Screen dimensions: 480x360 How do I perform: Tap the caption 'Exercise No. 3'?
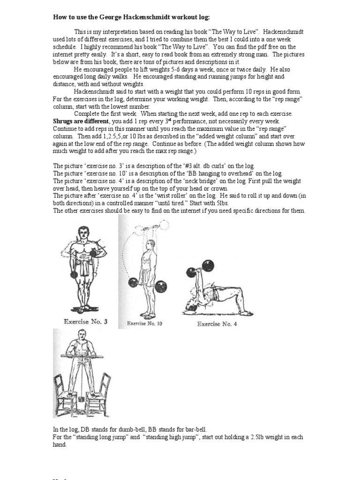tap(85, 322)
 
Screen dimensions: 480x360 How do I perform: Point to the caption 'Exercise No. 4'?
tap(217, 323)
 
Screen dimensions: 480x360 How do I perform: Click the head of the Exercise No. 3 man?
tap(84, 232)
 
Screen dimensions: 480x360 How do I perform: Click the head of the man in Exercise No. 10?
tap(150, 246)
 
